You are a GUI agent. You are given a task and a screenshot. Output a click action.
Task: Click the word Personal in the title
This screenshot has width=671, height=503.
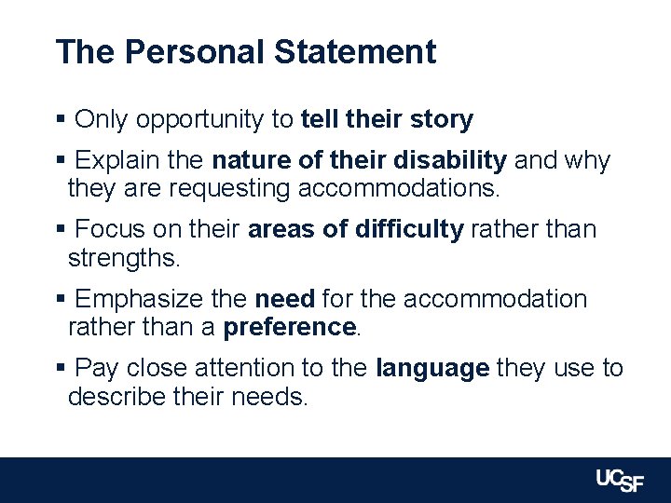click(195, 52)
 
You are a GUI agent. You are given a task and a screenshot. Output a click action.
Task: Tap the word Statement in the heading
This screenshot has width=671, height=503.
click(354, 52)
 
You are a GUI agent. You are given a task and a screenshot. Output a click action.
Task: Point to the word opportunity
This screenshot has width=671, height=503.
click(216, 120)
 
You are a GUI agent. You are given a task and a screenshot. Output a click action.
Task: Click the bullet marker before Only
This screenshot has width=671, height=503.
click(61, 120)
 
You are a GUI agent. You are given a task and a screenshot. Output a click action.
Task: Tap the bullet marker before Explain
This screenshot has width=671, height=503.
click(61, 161)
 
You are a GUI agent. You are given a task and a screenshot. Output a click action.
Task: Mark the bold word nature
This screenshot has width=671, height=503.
click(250, 161)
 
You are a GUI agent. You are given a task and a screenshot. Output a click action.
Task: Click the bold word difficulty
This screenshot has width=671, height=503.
click(409, 229)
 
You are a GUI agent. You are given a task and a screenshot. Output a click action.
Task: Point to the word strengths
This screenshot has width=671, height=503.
click(123, 258)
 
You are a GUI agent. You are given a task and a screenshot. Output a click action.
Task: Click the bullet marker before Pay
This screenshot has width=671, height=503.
click(61, 369)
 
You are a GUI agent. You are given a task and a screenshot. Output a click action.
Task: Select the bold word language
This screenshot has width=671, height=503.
click(432, 369)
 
